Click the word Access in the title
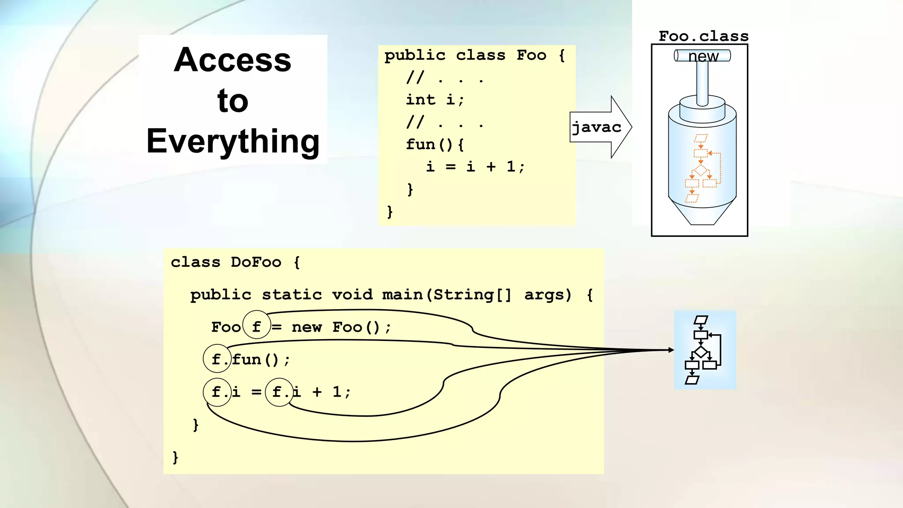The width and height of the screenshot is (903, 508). pos(232,60)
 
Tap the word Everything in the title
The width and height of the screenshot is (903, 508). pos(233,141)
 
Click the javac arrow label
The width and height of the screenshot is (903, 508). pos(596,127)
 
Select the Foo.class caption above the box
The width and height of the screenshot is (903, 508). pos(703,36)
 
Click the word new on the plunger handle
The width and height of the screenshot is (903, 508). pos(703,56)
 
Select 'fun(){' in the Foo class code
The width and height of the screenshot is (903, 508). pos(434,145)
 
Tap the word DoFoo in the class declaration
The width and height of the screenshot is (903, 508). pos(256,262)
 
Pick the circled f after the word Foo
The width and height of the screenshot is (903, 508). pos(256,327)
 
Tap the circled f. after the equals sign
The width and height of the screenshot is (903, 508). pos(279,392)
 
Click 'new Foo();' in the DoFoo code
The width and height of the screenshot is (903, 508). pos(341,327)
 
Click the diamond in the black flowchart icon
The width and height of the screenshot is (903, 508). pos(701,352)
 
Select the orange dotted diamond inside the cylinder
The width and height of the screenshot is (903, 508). pos(701,170)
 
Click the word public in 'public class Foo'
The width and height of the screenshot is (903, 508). pos(414,56)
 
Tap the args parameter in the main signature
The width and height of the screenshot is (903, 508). pos(547,295)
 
